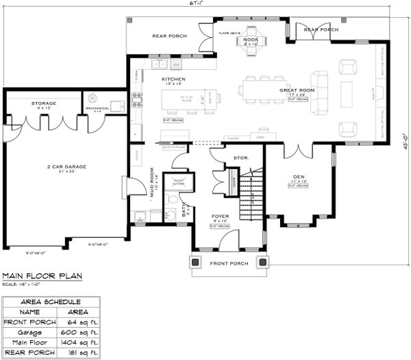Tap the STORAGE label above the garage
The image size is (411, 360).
(43, 103)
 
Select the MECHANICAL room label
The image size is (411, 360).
(98, 108)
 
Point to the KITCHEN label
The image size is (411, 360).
(173, 80)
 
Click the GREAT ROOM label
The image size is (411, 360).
(296, 90)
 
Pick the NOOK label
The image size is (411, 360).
(250, 40)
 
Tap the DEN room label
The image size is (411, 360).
(298, 177)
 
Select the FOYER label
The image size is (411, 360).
(220, 217)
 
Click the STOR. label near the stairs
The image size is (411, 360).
(240, 157)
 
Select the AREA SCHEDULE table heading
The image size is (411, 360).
(51, 301)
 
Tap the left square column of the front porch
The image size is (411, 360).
(195, 261)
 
